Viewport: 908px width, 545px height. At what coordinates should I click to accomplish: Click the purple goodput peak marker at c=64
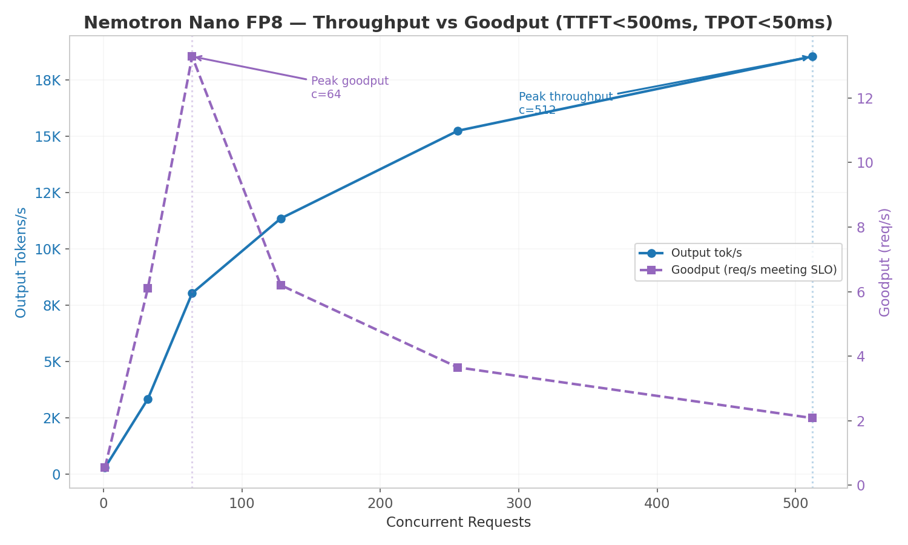192,56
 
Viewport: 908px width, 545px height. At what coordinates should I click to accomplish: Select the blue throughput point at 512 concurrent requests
812,56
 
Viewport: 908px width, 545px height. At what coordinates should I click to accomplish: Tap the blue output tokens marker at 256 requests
458,131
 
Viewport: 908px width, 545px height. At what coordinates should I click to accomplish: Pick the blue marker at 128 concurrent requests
281,219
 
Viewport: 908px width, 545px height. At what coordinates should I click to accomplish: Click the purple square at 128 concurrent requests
281,285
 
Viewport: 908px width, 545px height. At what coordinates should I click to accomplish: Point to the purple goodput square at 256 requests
458,368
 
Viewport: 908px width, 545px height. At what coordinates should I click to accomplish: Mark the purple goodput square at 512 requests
812,418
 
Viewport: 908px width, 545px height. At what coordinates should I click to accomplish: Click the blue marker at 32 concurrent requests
148,399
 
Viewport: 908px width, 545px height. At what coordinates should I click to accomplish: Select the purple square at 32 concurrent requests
148,288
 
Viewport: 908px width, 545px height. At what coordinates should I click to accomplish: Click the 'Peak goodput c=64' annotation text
349,88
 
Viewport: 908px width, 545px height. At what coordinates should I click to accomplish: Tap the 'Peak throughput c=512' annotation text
565,104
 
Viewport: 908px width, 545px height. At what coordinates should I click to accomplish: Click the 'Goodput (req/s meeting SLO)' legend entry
754,270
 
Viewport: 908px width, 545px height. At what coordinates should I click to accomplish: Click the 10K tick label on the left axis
47,249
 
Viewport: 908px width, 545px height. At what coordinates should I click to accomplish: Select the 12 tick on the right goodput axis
864,99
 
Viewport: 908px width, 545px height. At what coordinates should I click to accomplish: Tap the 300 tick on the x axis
518,503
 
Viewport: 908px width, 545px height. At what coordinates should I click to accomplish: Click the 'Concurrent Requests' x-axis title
458,523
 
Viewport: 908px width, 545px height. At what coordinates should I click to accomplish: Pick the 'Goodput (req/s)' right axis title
884,262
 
